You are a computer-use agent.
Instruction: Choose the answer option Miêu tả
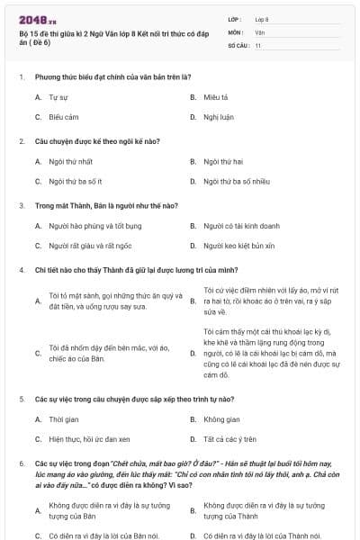click(215, 96)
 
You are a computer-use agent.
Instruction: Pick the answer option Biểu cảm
click(64, 116)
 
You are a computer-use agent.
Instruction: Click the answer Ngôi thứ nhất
click(71, 161)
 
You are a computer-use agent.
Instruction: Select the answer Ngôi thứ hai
click(223, 161)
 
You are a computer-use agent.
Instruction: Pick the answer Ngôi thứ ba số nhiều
click(231, 181)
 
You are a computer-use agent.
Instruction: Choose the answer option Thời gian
click(65, 419)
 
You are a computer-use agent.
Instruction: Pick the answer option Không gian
click(220, 419)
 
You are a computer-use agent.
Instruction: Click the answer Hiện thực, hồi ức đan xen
click(89, 439)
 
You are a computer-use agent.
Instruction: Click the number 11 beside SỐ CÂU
click(258, 44)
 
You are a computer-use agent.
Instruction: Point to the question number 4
click(21, 270)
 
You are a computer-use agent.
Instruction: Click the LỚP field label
click(235, 18)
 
